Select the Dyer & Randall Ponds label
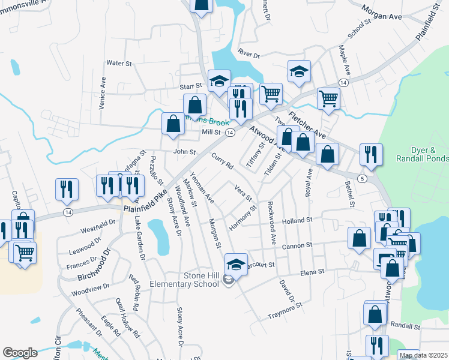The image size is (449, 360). pyautogui.click(x=423, y=154)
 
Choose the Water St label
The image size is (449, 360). pyautogui.click(x=118, y=62)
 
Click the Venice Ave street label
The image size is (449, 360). pyautogui.click(x=103, y=92)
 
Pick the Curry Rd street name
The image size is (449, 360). pyautogui.click(x=222, y=161)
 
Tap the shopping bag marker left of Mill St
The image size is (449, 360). pyautogui.click(x=173, y=124)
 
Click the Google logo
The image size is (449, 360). pyautogui.click(x=20, y=353)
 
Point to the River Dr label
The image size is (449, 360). pyautogui.click(x=248, y=55)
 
